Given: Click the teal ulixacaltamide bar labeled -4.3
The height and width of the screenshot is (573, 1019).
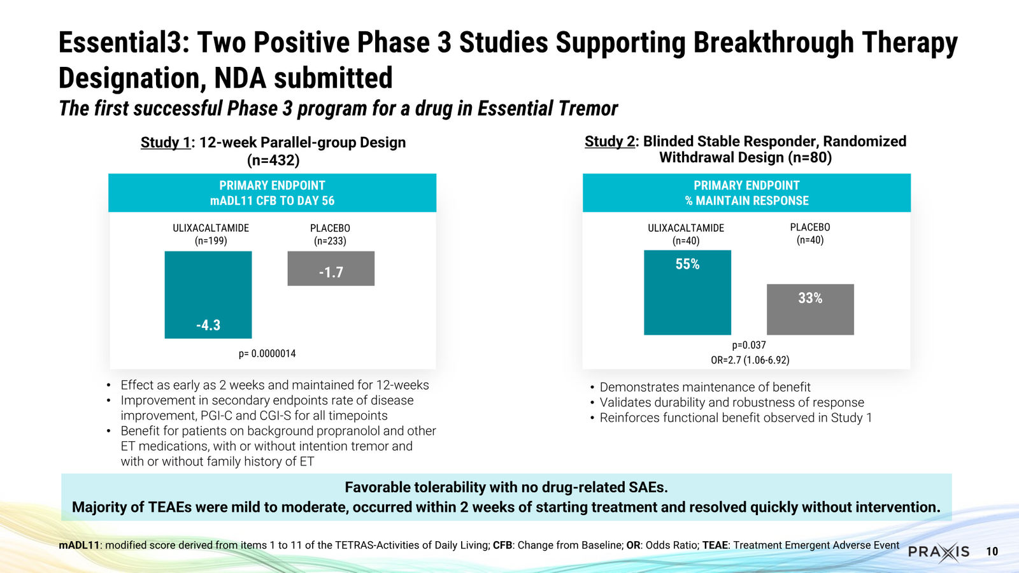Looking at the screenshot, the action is coord(208,295).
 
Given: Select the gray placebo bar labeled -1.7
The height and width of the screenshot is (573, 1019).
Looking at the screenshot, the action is coord(331,268).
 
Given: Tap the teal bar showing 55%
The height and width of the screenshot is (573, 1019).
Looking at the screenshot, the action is coord(687,292).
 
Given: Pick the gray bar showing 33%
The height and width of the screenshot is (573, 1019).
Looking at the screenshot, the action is coord(810,309).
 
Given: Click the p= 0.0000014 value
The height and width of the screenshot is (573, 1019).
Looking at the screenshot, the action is coord(267,353).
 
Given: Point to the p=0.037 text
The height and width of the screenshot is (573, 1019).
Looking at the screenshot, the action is coord(749,345).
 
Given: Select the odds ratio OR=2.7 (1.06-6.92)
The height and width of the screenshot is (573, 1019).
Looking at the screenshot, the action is coord(750,360).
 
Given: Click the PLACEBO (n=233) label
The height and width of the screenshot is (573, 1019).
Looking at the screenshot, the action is coord(331,234).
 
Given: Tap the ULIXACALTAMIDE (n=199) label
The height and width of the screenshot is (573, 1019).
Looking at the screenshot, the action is coord(211,234).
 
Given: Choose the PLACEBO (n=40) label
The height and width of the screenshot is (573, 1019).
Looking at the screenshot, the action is coord(810,233).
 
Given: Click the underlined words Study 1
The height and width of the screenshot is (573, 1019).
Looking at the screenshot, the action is coord(166,143).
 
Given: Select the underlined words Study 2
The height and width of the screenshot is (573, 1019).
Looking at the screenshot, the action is coord(609,141).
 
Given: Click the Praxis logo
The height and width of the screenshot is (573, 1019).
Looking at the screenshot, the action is coord(939,552).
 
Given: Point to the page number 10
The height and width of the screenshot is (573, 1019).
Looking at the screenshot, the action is coord(992,552).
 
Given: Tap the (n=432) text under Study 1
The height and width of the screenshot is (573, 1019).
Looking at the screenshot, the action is coord(273,160).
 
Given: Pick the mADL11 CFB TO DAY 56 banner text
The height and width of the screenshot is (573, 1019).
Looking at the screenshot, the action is coord(272,201).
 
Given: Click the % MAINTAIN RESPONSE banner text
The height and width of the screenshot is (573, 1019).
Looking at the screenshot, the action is coord(746,201).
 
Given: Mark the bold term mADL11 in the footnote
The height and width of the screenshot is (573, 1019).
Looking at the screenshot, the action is coord(79,545).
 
